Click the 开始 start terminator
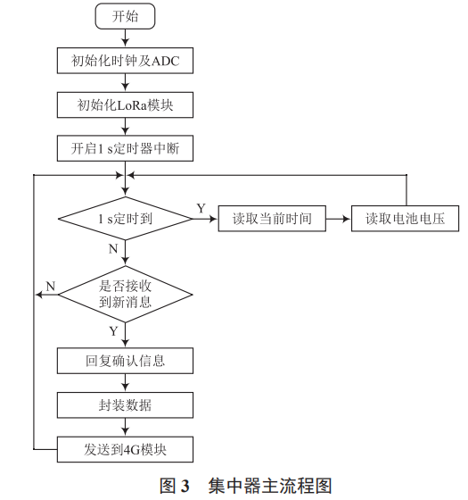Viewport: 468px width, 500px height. pos(125,17)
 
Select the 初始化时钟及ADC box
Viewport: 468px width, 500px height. pos(125,62)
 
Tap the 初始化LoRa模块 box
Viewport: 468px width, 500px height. pos(125,105)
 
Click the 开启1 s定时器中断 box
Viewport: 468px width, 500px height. pos(125,149)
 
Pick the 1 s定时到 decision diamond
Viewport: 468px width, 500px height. pos(125,219)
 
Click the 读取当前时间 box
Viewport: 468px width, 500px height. pos(272,219)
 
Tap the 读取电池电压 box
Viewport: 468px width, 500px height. pos(406,219)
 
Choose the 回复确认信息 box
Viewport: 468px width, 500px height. pos(125,362)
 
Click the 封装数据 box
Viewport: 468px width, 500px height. pos(125,404)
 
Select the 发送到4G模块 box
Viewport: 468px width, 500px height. pos(125,447)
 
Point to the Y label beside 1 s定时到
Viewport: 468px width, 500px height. pos(201,208)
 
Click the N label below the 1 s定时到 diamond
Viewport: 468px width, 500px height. pos(112,249)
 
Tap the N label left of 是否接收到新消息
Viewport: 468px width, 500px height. pos(50,285)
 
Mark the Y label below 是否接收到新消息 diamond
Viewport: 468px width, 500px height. pos(112,331)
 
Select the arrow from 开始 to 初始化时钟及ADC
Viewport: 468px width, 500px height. pos(125,38)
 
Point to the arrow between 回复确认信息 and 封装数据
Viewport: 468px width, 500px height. pos(125,383)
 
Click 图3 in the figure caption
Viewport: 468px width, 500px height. pos(175,486)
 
